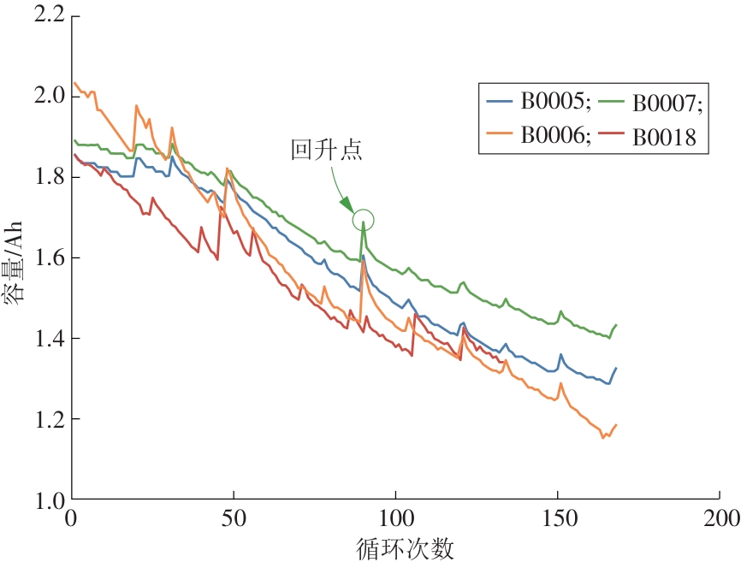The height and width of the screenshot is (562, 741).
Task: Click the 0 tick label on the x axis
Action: point(72,519)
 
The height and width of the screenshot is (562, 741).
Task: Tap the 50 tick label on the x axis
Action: point(234,519)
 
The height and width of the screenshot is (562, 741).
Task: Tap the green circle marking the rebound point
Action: point(363,221)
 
